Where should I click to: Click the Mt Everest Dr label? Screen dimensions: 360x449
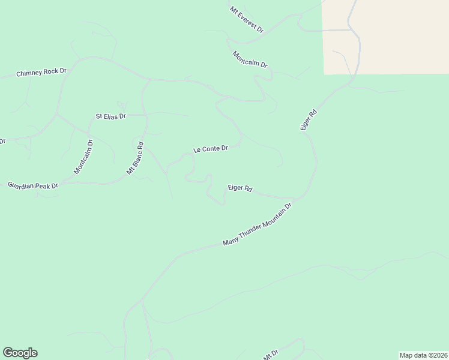(247, 19)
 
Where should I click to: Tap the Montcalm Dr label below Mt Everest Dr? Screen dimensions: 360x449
(250, 59)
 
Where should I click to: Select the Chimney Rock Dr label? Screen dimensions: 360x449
(41, 73)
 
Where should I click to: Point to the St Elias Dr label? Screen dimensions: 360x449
(111, 116)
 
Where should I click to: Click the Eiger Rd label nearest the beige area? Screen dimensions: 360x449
(309, 120)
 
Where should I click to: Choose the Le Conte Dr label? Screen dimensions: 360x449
(210, 149)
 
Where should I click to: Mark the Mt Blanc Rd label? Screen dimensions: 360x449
(136, 158)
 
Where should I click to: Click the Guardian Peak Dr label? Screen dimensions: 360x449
(32, 185)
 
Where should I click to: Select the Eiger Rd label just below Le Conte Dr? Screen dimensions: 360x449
(240, 188)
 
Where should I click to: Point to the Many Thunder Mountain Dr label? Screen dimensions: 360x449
(257, 224)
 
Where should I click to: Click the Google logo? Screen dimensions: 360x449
(20, 353)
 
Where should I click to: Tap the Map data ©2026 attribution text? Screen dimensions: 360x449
(424, 355)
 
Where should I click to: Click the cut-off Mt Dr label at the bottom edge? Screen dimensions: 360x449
(271, 355)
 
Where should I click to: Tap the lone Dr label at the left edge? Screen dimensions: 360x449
(2, 142)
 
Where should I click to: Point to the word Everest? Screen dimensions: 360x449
(249, 20)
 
